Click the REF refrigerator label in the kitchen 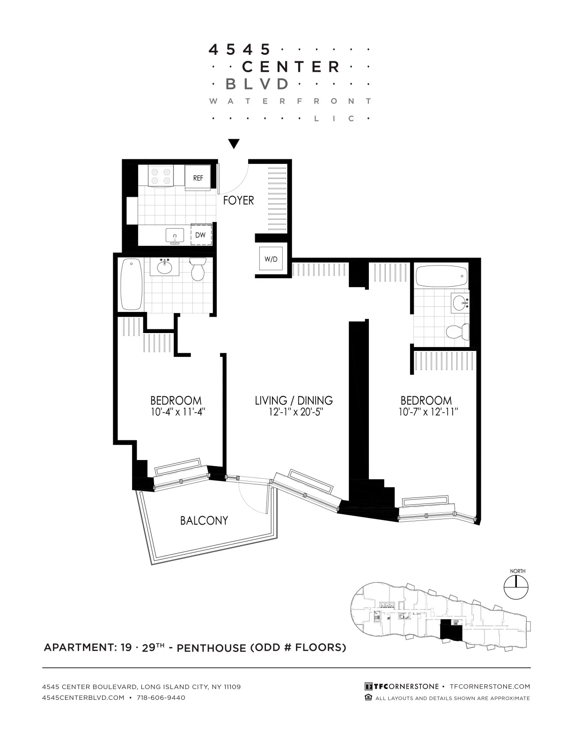pyautogui.click(x=198, y=178)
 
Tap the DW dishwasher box pyautogui.click(x=201, y=235)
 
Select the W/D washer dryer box pyautogui.click(x=271, y=259)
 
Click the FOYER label pyautogui.click(x=238, y=200)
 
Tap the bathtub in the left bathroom pyautogui.click(x=132, y=284)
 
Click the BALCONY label pyautogui.click(x=204, y=520)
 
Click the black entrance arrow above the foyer pyautogui.click(x=234, y=144)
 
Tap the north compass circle pyautogui.click(x=516, y=587)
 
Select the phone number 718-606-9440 pyautogui.click(x=161, y=697)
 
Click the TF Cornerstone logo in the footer pyautogui.click(x=402, y=686)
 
